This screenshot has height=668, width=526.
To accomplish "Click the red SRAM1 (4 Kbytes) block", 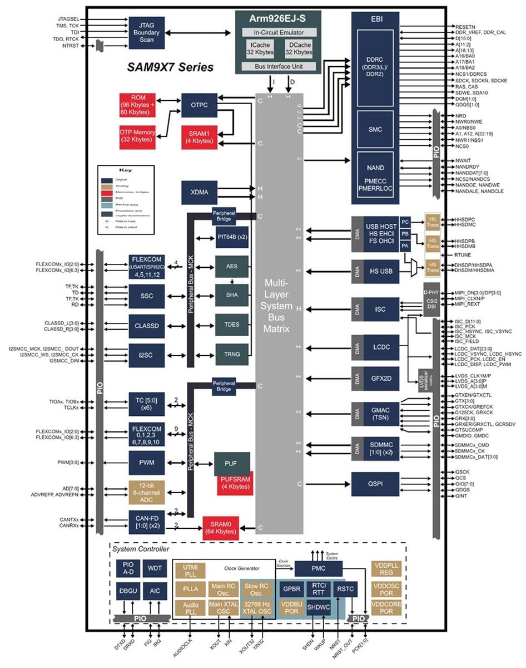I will [199, 137].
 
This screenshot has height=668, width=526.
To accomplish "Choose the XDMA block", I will [199, 192].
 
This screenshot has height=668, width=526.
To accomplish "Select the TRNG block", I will [232, 353].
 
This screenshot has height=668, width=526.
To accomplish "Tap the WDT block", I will [154, 569].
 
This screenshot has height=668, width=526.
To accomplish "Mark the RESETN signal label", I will [465, 26].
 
